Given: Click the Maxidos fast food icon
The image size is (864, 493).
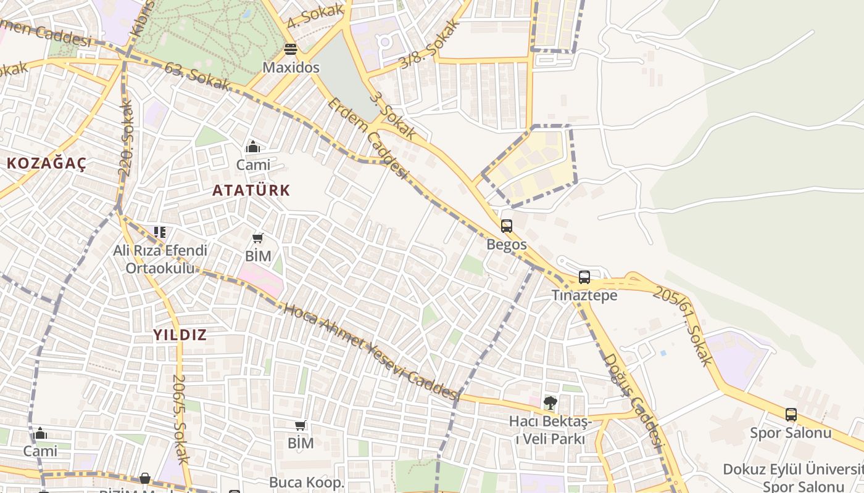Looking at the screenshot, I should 291,49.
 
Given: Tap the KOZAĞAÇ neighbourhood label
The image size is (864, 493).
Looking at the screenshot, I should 46,164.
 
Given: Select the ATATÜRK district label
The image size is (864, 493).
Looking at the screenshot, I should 251,190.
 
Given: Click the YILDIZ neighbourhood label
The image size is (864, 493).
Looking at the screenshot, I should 180,335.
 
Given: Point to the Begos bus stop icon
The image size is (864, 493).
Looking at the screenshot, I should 507,226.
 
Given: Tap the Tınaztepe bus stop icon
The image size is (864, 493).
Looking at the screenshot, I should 584,277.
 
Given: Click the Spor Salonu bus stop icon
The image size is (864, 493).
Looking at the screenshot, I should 791,415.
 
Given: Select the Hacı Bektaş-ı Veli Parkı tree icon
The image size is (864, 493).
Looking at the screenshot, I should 550,403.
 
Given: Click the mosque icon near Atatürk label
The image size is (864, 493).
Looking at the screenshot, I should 253,147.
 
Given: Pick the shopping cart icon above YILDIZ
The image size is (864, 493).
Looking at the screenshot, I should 258,238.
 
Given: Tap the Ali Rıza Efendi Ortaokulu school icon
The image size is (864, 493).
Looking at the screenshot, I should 160,232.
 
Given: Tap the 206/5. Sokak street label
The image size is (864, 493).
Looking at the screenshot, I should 180,419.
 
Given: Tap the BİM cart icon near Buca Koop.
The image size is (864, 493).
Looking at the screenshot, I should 301,425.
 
